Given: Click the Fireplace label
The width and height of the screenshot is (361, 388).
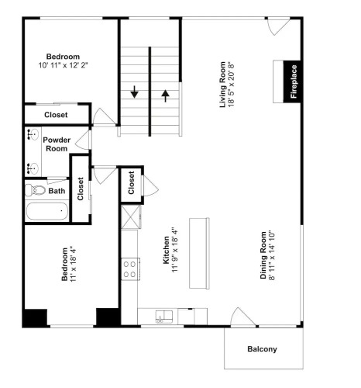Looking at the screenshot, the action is pyautogui.click(x=294, y=81).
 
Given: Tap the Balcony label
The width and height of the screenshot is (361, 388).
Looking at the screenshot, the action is pyautogui.click(x=262, y=349).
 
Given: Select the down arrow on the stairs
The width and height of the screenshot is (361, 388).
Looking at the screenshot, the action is pyautogui.click(x=134, y=92).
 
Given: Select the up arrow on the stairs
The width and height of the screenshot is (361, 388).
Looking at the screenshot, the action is pyautogui.click(x=166, y=95).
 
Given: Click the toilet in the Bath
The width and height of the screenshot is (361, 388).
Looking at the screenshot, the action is pyautogui.click(x=35, y=190).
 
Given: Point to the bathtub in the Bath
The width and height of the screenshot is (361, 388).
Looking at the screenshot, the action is pyautogui.click(x=47, y=211).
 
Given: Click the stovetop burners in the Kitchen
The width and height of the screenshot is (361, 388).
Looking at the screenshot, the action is pyautogui.click(x=130, y=269).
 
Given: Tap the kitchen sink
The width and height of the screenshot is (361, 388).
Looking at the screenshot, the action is pyautogui.click(x=164, y=317).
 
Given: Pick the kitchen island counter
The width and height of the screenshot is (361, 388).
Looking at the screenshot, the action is pyautogui.click(x=199, y=253).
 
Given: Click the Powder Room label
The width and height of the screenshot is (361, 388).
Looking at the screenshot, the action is pyautogui.click(x=57, y=144).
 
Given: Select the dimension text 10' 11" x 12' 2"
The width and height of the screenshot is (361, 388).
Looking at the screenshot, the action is pyautogui.click(x=64, y=65).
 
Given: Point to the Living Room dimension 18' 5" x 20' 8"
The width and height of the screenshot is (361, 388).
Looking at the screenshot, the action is pyautogui.click(x=231, y=85).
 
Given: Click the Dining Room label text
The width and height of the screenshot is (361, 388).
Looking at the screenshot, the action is pyautogui.click(x=263, y=255).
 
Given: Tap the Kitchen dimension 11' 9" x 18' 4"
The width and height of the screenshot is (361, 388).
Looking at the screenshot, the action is pyautogui.click(x=175, y=250).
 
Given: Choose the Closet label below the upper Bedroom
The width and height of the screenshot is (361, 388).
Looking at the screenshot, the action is pyautogui.click(x=56, y=115).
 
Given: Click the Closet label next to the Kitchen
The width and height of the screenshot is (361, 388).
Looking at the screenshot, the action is pyautogui.click(x=131, y=182).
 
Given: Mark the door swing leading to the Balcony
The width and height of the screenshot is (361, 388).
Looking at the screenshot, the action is pyautogui.click(x=242, y=317).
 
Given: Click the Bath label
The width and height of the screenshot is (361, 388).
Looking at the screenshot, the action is pyautogui.click(x=57, y=191).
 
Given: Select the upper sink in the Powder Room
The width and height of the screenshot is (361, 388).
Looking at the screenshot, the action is pyautogui.click(x=33, y=134).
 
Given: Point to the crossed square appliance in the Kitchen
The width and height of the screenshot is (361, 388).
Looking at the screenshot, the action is pyautogui.click(x=131, y=217).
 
